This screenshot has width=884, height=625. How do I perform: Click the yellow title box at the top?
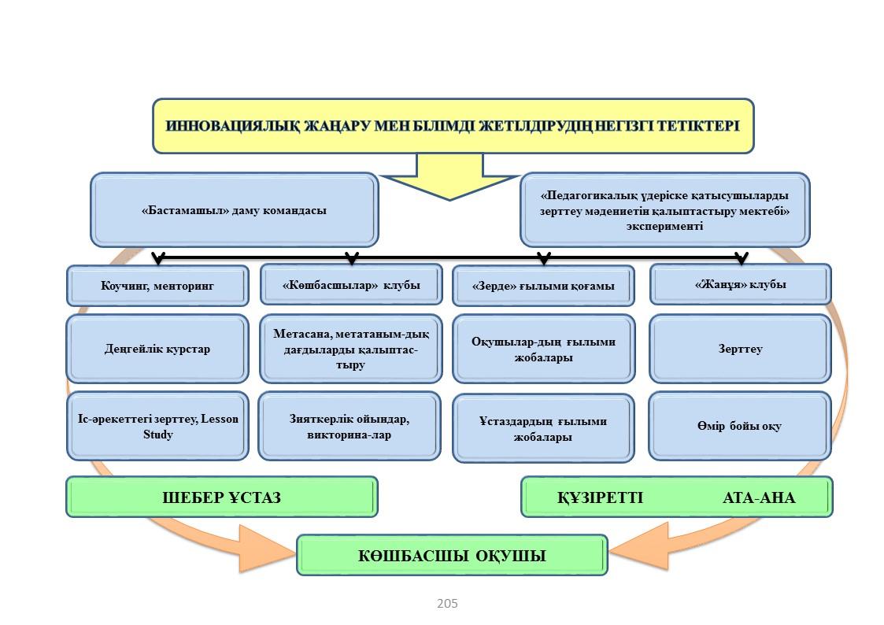(453, 126)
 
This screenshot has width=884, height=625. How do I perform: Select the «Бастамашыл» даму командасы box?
(234, 209)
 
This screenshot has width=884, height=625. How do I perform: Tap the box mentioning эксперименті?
(664, 209)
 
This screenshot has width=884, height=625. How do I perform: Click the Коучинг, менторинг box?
(157, 285)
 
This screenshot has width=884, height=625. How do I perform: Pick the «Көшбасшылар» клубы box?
(351, 285)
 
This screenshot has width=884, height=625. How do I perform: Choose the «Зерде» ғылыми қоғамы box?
(543, 285)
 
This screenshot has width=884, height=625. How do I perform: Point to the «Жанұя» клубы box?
(740, 284)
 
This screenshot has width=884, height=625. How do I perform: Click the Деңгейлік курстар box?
(157, 348)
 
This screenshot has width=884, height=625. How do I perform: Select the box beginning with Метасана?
(351, 348)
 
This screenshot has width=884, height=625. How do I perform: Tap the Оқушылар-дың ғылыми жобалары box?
(543, 349)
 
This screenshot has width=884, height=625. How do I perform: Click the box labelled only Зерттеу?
(740, 348)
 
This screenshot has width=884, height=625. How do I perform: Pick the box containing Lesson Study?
(157, 426)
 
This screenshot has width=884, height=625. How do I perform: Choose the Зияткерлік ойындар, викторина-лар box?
(350, 426)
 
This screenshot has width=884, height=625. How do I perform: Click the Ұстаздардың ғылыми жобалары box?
(543, 427)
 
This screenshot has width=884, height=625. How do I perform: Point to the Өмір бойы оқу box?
(740, 426)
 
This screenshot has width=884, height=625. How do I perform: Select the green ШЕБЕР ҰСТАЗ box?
(222, 497)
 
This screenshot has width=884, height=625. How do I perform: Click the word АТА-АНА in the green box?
(759, 497)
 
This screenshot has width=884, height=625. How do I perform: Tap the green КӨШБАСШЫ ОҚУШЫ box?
(452, 555)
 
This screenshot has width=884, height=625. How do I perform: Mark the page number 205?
(447, 604)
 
